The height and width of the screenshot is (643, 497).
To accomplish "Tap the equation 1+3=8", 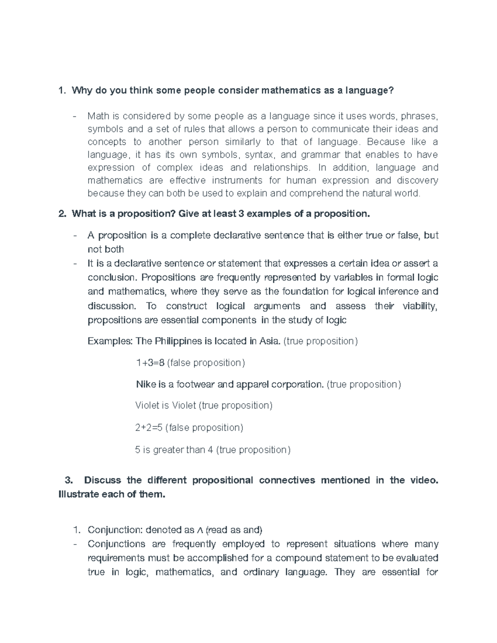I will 150,363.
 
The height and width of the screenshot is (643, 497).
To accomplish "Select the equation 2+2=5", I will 149,428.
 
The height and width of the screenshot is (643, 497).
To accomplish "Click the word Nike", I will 145,385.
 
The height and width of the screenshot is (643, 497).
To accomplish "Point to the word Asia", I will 270,342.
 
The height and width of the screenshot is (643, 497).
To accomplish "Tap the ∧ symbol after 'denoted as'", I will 200,530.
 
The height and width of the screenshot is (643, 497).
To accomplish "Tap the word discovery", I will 417,181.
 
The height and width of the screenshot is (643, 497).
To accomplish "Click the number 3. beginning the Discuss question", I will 69,480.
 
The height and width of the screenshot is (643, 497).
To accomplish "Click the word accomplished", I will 218,558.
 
